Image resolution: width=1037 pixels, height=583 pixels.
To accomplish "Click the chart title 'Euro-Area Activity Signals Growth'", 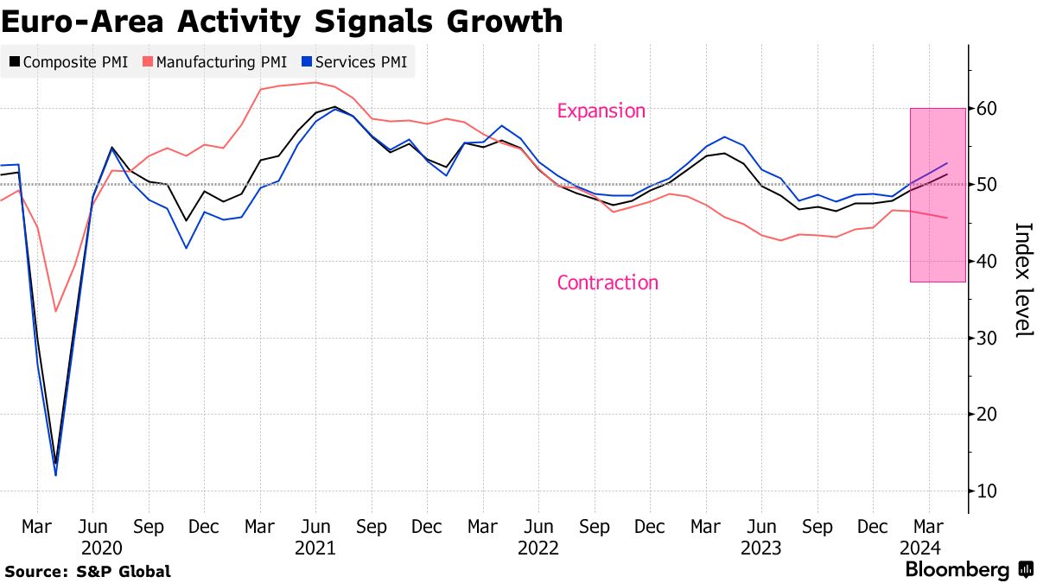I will point(282,21).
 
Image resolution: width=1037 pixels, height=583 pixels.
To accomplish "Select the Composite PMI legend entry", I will point(68,62).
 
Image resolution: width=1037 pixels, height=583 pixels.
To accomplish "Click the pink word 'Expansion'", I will point(601,111).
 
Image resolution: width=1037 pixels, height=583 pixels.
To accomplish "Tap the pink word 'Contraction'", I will point(608,282).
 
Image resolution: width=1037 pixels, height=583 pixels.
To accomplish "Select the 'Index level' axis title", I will point(1023,280).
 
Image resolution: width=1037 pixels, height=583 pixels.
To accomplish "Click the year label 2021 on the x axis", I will point(315,548).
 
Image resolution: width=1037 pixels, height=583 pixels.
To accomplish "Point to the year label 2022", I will point(538,548).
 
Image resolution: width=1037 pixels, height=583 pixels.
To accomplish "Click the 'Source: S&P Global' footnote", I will point(87,571).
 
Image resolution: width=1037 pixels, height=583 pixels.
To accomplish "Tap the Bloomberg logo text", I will point(957,570).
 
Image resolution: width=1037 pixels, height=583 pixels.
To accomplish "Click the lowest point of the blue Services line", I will point(55,475).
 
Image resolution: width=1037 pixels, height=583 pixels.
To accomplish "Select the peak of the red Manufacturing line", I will point(315,83).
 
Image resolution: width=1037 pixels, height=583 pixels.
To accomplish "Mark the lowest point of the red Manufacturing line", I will point(55,311).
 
